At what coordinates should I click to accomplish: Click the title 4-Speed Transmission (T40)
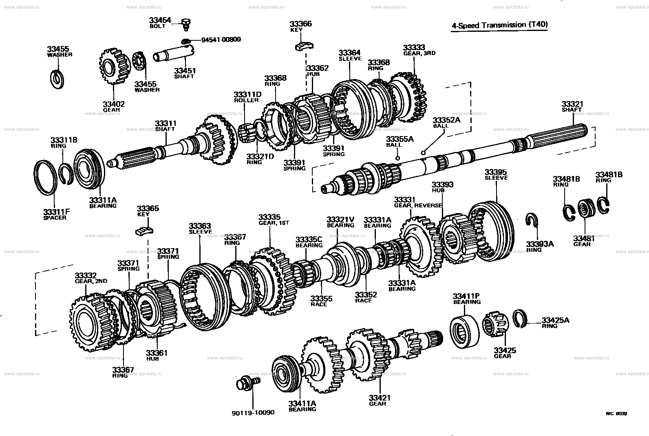coord(499,25)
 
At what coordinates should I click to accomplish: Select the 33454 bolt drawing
coord(186,24)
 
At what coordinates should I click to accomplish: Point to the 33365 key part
coord(144,230)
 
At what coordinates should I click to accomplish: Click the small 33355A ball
coord(398,158)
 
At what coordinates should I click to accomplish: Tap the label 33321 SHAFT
coord(572,107)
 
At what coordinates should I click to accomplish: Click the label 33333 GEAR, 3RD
coord(419,50)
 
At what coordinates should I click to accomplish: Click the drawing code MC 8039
coord(616,413)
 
